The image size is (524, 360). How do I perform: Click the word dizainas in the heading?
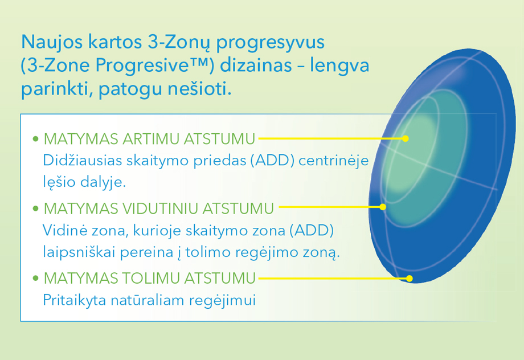tap(256, 65)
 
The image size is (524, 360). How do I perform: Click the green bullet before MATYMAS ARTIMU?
tap(36, 139)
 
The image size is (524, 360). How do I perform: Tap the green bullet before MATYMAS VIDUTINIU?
tap(36, 208)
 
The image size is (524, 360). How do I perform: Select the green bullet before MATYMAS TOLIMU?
tap(36, 278)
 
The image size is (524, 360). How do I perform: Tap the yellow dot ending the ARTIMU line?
tap(406, 138)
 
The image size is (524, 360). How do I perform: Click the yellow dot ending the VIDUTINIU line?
tap(383, 207)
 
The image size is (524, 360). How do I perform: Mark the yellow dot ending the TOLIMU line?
tap(410, 279)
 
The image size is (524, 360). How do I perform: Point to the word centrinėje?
tap(333, 161)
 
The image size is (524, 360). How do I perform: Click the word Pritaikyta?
tap(75, 300)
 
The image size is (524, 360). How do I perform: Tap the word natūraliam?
tap(148, 300)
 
